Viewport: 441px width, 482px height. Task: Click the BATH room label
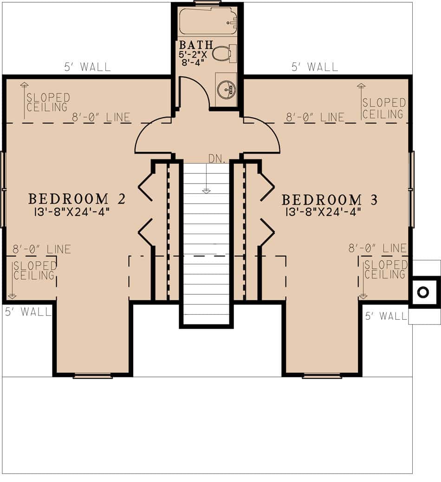click(196, 45)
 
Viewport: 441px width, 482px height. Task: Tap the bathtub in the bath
click(208, 21)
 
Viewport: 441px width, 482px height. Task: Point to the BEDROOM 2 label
click(77, 199)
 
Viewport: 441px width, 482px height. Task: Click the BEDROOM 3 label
click(329, 200)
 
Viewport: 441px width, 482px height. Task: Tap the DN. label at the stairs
click(216, 158)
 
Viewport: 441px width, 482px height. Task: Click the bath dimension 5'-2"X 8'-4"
click(195, 58)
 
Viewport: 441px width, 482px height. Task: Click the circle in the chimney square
click(423, 292)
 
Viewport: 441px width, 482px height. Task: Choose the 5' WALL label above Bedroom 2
click(87, 67)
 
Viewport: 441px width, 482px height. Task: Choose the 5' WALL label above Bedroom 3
click(315, 67)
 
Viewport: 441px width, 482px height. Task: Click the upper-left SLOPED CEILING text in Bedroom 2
click(48, 103)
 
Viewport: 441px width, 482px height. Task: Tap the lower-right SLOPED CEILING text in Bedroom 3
click(385, 270)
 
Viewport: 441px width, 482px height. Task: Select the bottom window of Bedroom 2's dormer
click(92, 376)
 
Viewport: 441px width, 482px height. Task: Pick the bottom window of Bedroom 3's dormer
click(322, 376)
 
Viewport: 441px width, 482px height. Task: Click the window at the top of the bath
click(208, 3)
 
